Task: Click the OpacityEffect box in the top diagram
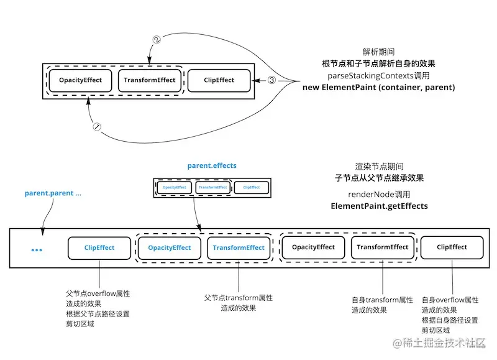click(80, 80)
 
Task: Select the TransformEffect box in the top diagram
click(149, 80)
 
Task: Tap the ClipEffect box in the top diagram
click(219, 80)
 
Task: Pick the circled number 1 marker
click(96, 126)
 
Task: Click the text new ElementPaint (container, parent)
click(378, 88)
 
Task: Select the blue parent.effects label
click(212, 166)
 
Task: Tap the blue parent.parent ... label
click(53, 193)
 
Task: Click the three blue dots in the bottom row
click(37, 250)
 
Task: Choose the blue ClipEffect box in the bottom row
click(99, 247)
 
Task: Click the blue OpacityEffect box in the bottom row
click(169, 247)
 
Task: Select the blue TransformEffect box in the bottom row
click(239, 247)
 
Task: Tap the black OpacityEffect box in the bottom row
click(313, 247)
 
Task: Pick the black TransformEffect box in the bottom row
click(383, 247)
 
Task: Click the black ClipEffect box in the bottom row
click(452, 247)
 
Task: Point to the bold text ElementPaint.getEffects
click(379, 206)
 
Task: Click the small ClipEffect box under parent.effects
click(251, 187)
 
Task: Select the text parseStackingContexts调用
click(378, 76)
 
